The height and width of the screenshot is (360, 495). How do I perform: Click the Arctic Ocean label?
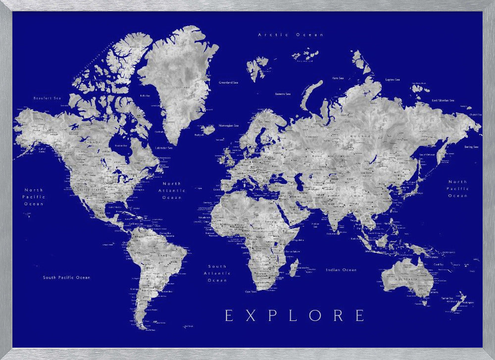[x=291, y=35]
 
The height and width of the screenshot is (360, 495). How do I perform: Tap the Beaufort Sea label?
[x=47, y=98]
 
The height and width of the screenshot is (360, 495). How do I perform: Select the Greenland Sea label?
[x=228, y=82]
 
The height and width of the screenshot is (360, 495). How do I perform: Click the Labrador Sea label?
[x=164, y=148]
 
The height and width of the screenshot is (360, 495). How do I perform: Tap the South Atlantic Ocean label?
[x=217, y=273]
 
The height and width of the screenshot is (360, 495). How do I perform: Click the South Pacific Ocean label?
[x=66, y=277]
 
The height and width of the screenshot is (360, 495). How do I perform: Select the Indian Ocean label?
[x=341, y=270]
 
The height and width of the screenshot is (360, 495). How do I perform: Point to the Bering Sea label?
[x=471, y=147]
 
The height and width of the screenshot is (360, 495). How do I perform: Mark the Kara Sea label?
[x=338, y=78]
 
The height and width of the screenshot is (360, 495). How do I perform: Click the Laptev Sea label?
[x=393, y=79]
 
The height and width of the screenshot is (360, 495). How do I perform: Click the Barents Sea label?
[x=283, y=94]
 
